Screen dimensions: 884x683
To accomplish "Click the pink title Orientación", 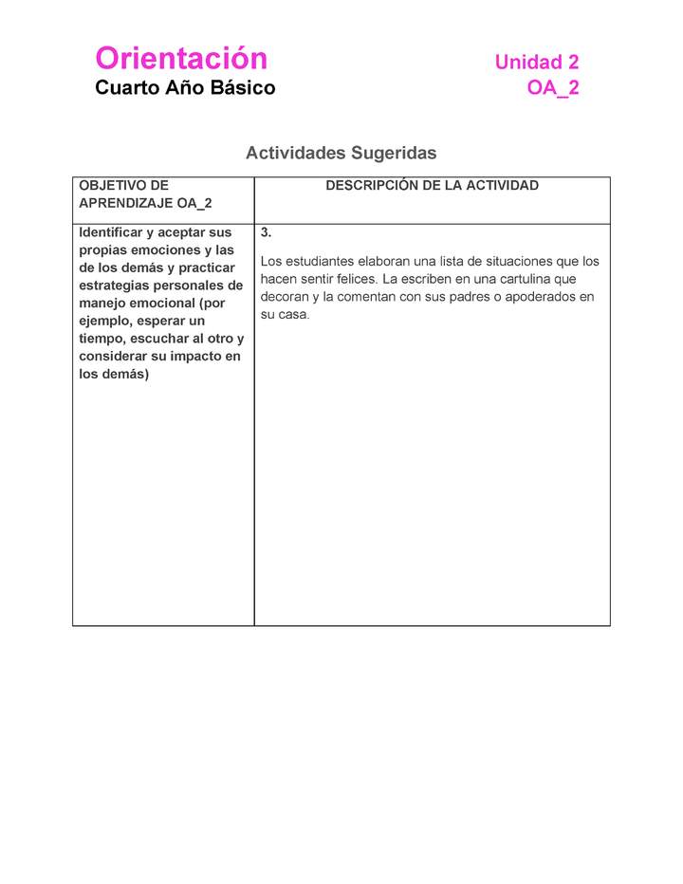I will click(x=181, y=59).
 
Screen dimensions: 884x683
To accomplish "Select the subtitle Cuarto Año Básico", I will click(x=185, y=88).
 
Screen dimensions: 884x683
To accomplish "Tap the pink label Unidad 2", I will click(x=536, y=63).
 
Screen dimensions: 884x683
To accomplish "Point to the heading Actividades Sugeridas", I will click(x=341, y=153).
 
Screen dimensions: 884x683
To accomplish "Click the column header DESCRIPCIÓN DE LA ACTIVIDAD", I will click(x=432, y=186).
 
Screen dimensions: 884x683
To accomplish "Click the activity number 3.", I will click(x=266, y=232).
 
